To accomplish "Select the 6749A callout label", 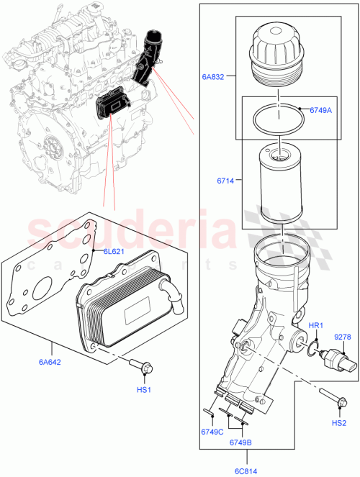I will (x=320, y=110).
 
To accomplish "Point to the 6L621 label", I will (x=114, y=252).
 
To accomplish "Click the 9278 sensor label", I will (x=343, y=337).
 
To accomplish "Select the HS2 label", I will (x=339, y=423).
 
